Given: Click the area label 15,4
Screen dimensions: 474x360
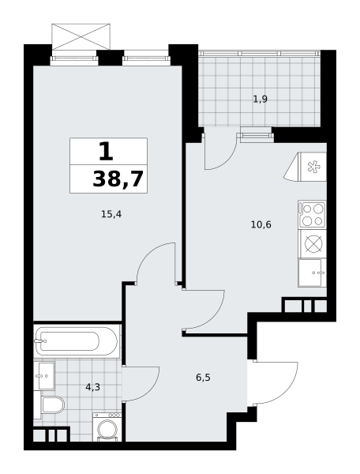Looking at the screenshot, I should pyautogui.click(x=111, y=213).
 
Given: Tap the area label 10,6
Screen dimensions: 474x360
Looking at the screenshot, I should pyautogui.click(x=261, y=224).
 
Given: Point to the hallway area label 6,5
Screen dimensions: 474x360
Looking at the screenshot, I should pyautogui.click(x=203, y=377).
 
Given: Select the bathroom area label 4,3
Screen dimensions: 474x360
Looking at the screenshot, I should pyautogui.click(x=92, y=387).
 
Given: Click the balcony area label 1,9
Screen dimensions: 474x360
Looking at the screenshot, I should pyautogui.click(x=260, y=99).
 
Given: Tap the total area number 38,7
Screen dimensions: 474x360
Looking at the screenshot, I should pyautogui.click(x=118, y=179).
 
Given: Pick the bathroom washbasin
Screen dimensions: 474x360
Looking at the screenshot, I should pyautogui.click(x=45, y=375).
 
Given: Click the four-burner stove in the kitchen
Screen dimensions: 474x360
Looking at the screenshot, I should pyautogui.click(x=312, y=213).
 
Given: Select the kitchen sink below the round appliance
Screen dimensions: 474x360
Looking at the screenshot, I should pyautogui.click(x=313, y=273).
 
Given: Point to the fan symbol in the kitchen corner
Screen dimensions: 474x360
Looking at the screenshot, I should pyautogui.click(x=313, y=167).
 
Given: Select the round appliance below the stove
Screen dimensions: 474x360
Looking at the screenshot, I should pyautogui.click(x=312, y=243).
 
